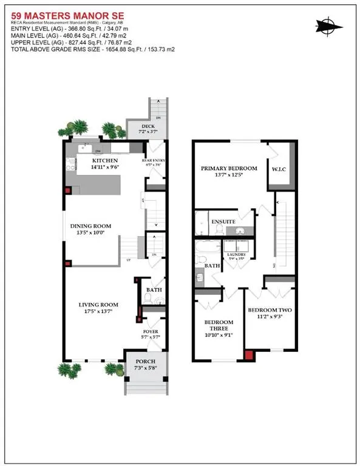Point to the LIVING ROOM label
coord(97,305)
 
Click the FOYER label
coord(150,332)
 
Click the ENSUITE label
coord(223,222)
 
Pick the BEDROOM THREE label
coord(219,325)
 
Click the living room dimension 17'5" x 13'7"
coord(97,312)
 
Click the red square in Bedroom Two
coord(248,355)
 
